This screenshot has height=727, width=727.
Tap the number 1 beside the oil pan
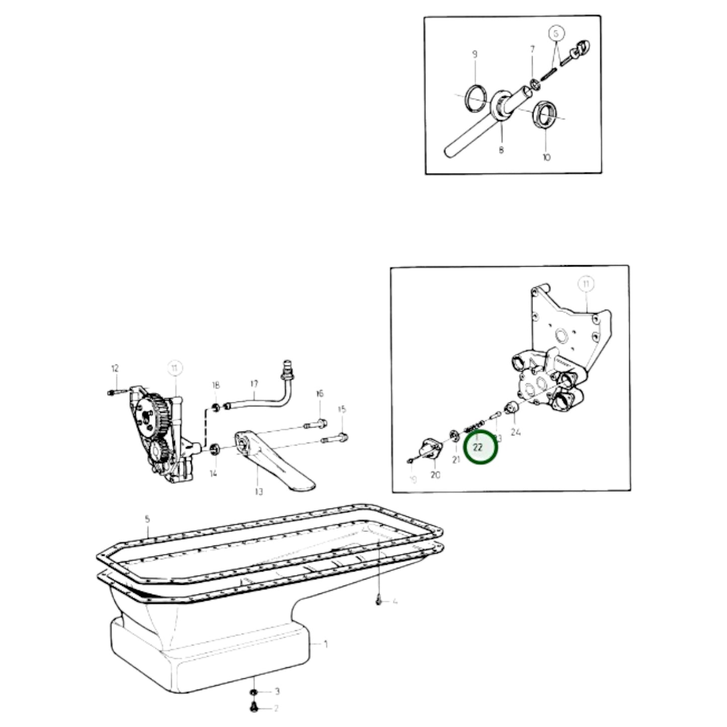(x=326, y=644)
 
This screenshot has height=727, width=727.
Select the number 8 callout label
(x=501, y=149)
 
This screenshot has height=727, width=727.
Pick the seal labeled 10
(x=544, y=115)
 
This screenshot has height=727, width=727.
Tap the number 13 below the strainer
(x=259, y=492)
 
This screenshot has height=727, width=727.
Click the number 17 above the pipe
(x=254, y=384)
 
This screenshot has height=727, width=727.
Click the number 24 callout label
(x=515, y=432)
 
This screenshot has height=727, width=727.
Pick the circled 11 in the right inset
(x=586, y=284)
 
